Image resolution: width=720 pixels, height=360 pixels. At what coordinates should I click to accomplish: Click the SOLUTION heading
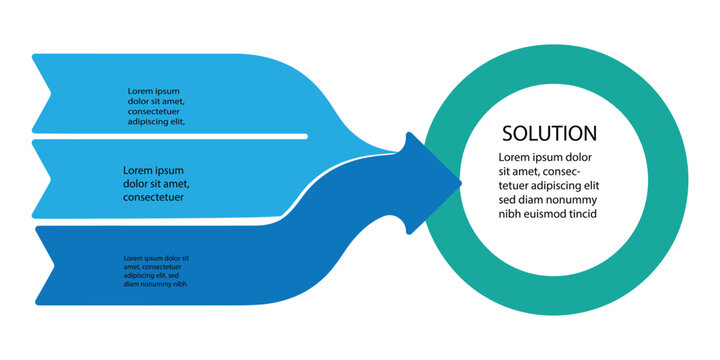point(549,133)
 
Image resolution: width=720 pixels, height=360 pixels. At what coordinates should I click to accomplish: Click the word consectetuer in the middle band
point(154,197)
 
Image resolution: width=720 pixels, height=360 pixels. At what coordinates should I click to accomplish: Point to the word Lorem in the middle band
point(140,170)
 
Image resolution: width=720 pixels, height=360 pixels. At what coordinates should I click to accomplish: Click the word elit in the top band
point(176,122)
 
